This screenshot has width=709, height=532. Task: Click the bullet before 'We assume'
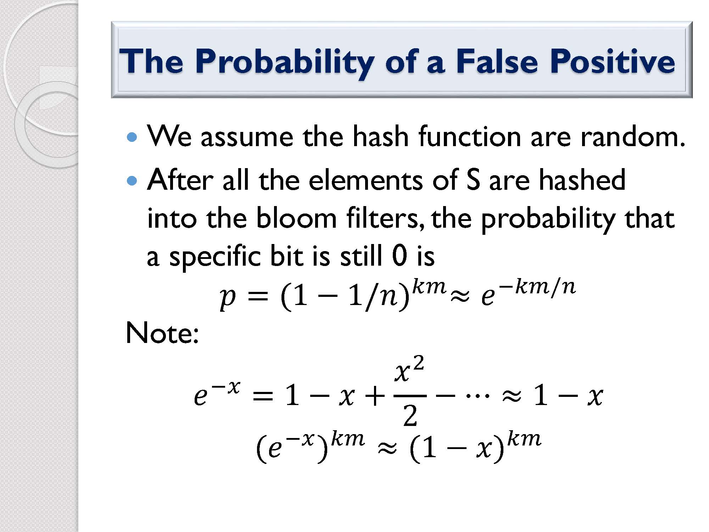(132, 137)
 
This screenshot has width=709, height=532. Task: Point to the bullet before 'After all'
(132, 181)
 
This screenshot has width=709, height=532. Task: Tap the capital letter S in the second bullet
(474, 180)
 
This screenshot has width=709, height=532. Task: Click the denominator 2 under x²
(410, 415)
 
